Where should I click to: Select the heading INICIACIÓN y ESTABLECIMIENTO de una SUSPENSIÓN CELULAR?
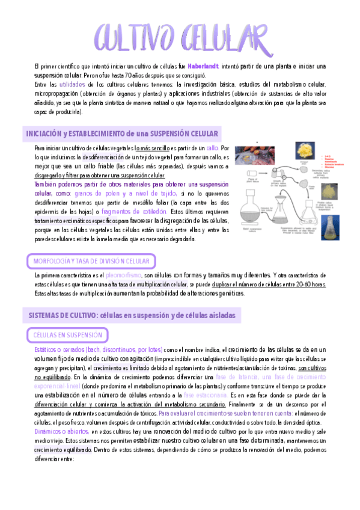(x=122, y=133)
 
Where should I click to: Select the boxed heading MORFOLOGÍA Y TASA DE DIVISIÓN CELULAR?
(x=90, y=261)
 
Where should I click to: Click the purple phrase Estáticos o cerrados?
(x=67, y=349)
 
